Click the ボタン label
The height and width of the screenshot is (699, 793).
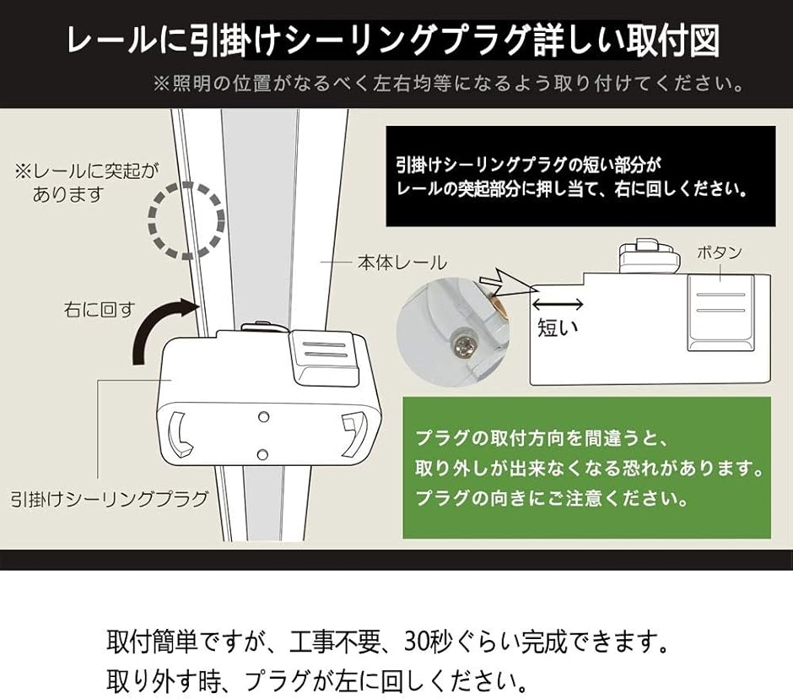tap(720, 252)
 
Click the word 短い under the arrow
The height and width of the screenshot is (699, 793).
tap(558, 327)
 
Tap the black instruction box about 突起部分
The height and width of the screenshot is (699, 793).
tap(580, 176)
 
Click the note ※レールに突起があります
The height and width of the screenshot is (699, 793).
tap(84, 182)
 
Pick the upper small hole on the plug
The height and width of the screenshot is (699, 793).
tap(263, 416)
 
